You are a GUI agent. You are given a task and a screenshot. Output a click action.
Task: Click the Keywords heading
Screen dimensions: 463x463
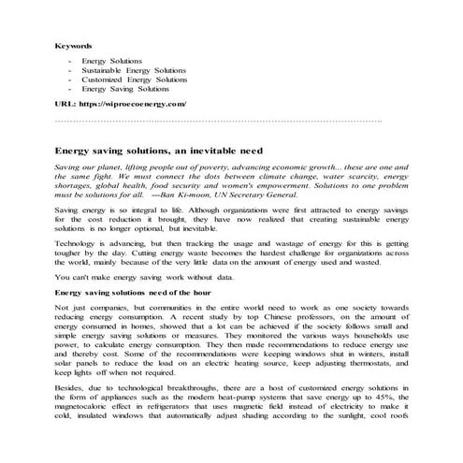(x=73, y=45)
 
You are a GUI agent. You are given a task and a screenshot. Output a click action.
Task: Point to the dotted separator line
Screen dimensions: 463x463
(x=219, y=121)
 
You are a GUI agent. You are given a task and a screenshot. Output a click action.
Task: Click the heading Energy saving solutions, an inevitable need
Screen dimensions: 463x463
(x=158, y=150)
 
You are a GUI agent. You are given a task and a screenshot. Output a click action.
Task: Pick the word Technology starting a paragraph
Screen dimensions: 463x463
(x=77, y=241)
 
